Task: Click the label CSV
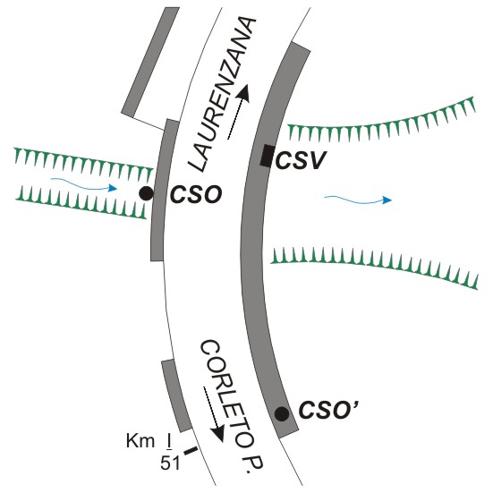point(301,161)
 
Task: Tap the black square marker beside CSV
point(268,156)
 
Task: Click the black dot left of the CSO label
point(147,193)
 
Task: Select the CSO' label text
point(328,410)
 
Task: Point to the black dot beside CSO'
point(282,413)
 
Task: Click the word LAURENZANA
point(222,94)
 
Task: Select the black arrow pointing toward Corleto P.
point(214,414)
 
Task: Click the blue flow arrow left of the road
point(84,184)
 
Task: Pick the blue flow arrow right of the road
point(358,200)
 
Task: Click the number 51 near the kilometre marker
point(170,463)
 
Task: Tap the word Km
point(140,441)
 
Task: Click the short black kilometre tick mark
point(191,451)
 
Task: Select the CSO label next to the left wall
point(196,195)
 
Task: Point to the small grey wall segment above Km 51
point(175,395)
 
